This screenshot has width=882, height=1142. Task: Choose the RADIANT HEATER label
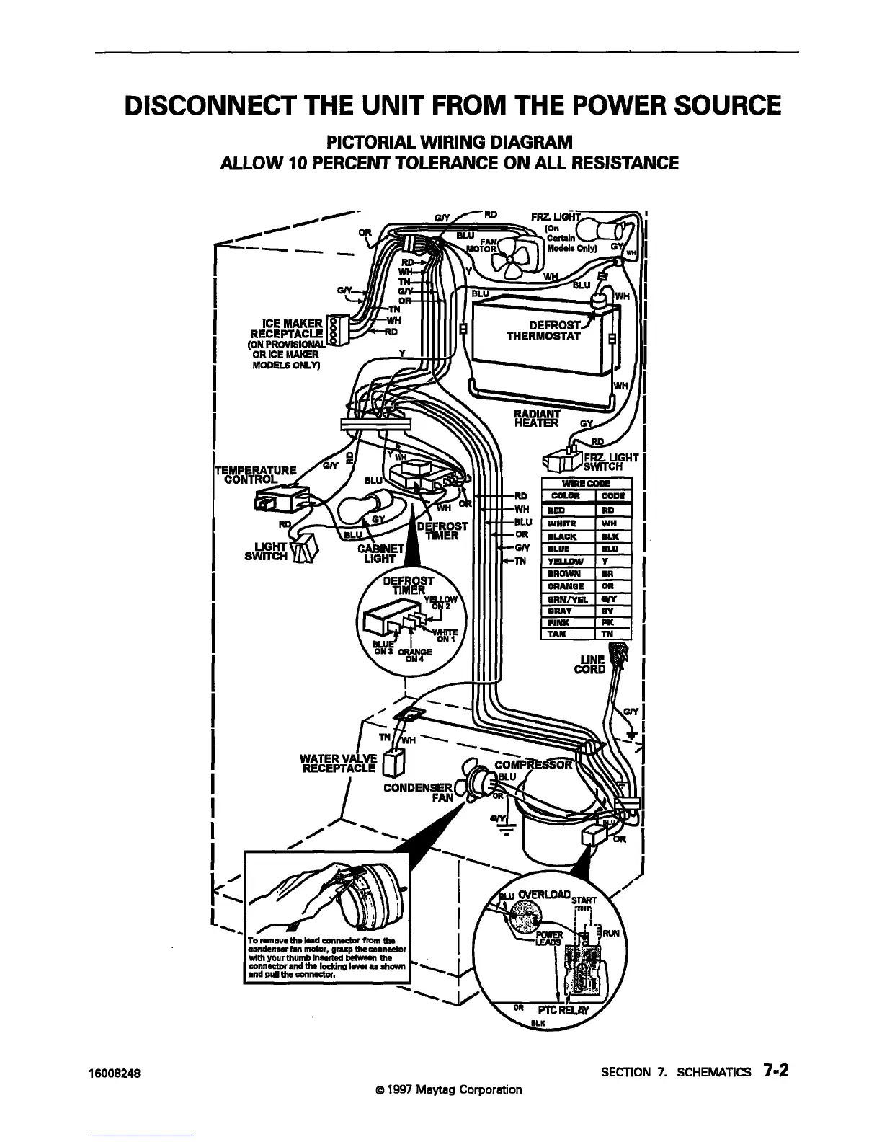[x=537, y=418]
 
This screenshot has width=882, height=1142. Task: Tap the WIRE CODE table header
[x=586, y=483]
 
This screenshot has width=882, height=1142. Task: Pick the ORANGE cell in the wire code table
[x=568, y=586]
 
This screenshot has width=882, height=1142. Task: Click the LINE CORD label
[x=589, y=664]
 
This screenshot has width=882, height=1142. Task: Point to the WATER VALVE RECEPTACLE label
[x=339, y=762]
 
